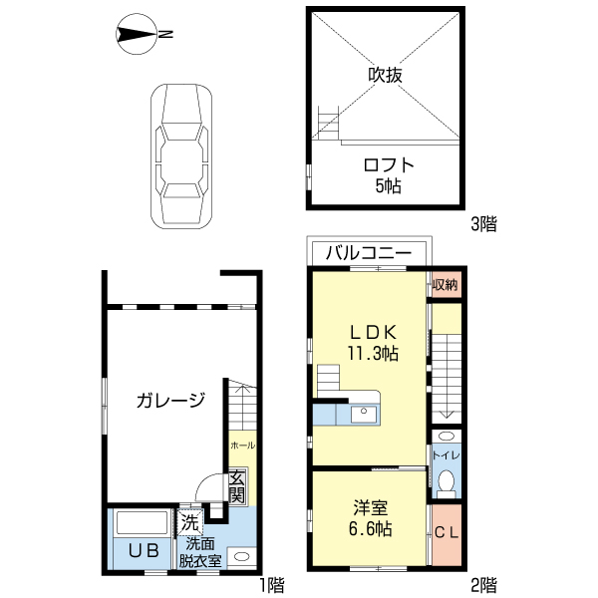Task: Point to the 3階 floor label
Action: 483,224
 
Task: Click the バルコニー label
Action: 369,253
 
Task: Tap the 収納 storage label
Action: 446,285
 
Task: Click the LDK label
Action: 373,332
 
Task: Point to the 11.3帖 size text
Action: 373,353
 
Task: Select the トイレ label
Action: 446,455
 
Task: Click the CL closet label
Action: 446,532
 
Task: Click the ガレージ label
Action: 170,401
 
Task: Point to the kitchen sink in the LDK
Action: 363,412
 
